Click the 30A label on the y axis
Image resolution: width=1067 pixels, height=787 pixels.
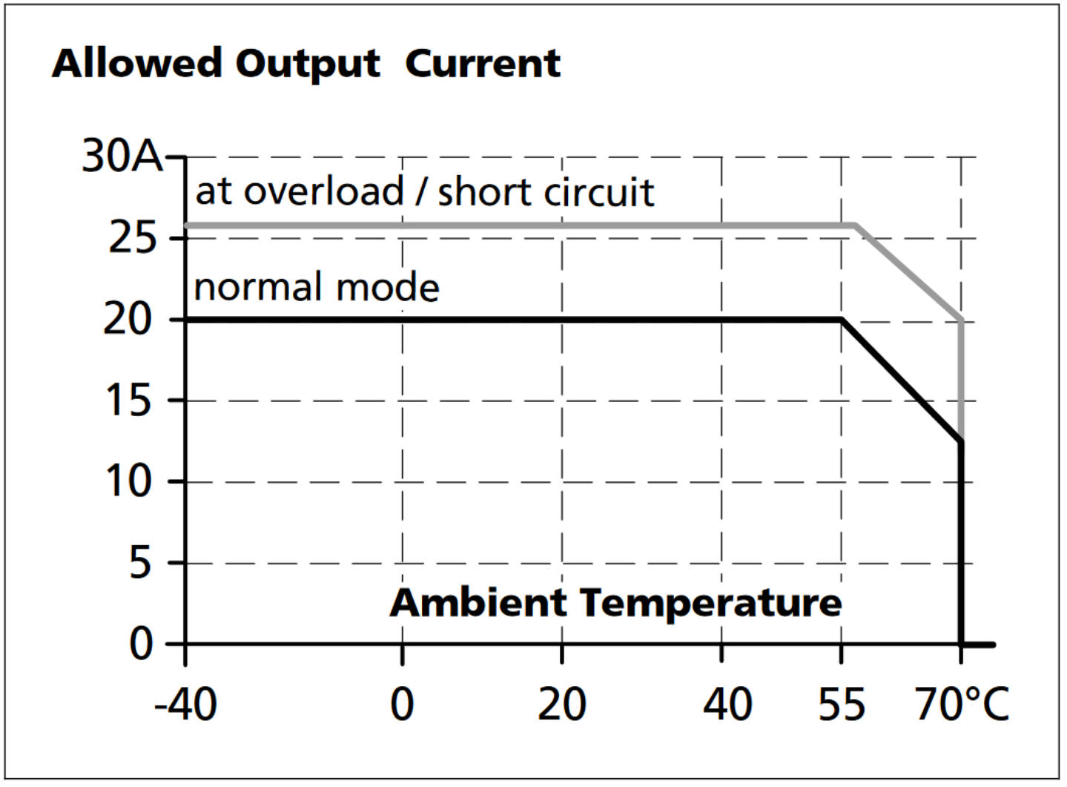tap(122, 156)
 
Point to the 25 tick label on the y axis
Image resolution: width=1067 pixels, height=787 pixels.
tap(133, 238)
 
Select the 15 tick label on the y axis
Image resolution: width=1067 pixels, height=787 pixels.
tap(128, 401)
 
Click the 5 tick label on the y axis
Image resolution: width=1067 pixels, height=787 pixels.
tap(142, 563)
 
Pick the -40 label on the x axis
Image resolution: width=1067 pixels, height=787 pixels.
tap(185, 703)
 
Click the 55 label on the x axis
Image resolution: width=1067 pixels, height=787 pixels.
tap(842, 703)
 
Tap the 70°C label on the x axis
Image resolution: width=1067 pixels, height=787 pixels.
tap(962, 703)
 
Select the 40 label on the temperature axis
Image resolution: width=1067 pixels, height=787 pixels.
tap(727, 703)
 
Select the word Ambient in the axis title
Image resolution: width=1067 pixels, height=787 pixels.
tap(478, 602)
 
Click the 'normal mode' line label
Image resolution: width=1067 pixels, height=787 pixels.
tap(317, 286)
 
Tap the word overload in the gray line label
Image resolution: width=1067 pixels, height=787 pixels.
tap(323, 191)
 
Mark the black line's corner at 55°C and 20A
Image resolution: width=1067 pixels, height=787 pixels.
tap(842, 320)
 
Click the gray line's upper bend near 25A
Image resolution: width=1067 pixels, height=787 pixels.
tap(856, 225)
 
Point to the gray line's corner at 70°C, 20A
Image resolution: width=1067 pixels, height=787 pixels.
tap(962, 320)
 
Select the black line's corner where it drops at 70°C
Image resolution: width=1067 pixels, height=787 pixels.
tap(962, 442)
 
